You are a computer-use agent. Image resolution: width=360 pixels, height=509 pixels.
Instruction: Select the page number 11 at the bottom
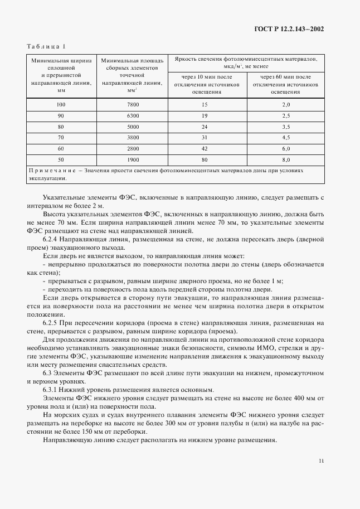[x=321, y=460]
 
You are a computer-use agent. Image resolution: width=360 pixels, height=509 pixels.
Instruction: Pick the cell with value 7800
[x=132, y=105]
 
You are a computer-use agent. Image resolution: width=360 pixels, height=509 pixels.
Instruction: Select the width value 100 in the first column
[x=61, y=105]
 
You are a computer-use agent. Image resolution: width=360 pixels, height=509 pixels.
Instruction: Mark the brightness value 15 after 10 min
[x=205, y=105]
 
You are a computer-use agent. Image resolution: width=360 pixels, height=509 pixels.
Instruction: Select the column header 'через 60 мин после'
[x=286, y=76]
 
